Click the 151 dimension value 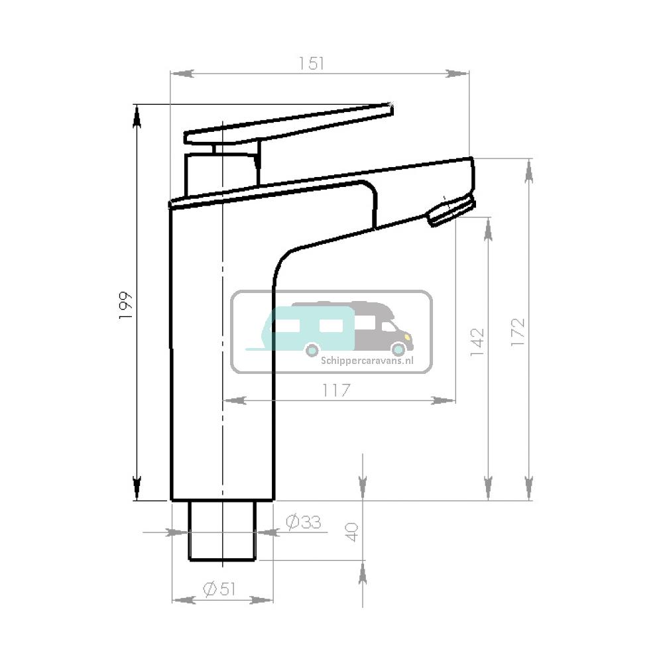pyautogui.click(x=311, y=63)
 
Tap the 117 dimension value pyautogui.click(x=337, y=391)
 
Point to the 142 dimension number pyautogui.click(x=477, y=342)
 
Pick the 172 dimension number pyautogui.click(x=518, y=332)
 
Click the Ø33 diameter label pyautogui.click(x=303, y=522)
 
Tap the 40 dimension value pyautogui.click(x=352, y=532)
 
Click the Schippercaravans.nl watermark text pyautogui.click(x=367, y=361)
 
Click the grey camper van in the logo pyautogui.click(x=385, y=327)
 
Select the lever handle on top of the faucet pyautogui.click(x=285, y=126)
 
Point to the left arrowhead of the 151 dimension pyautogui.click(x=182, y=73)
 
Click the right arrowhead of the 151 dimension pyautogui.click(x=458, y=73)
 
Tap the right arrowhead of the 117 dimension pyautogui.click(x=443, y=400)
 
